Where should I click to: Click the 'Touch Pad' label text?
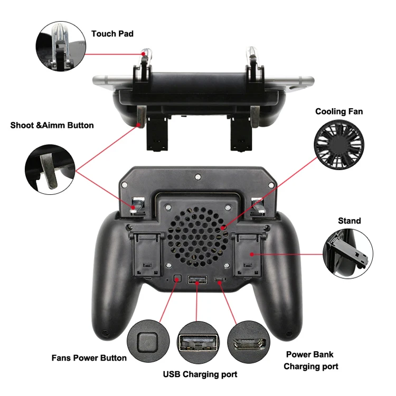[112, 34]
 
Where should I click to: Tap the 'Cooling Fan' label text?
[339, 111]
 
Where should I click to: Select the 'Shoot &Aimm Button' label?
[52, 125]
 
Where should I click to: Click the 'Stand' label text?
[350, 221]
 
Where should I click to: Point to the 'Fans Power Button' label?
[89, 357]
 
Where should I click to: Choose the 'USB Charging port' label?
[200, 374]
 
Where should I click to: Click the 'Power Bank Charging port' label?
[310, 360]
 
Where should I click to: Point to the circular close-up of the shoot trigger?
[50, 168]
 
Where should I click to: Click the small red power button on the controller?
[177, 278]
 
